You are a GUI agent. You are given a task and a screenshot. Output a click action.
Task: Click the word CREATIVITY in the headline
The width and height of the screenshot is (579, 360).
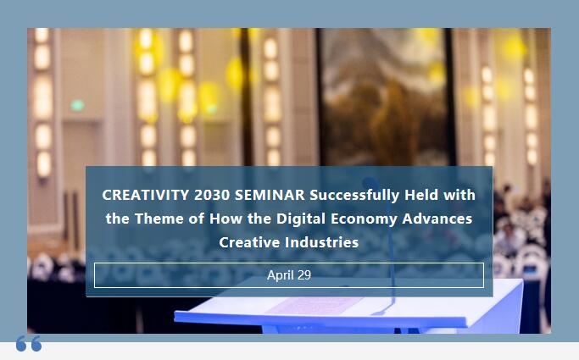click(146, 195)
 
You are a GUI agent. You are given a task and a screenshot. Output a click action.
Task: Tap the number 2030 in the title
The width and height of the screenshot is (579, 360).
click(212, 195)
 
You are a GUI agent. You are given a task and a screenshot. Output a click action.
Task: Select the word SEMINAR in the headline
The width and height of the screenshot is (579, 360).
click(270, 195)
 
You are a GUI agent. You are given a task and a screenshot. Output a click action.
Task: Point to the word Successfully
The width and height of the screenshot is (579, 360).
click(354, 196)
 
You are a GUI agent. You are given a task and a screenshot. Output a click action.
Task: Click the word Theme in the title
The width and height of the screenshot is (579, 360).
click(159, 219)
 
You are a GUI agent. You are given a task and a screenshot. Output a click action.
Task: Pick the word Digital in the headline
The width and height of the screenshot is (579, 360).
click(301, 219)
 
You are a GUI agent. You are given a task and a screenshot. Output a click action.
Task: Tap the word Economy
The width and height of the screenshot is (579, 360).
click(364, 219)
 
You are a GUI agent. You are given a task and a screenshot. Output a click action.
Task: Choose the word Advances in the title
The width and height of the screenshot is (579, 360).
click(437, 219)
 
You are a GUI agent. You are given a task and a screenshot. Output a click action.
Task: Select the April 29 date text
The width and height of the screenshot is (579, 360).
click(289, 275)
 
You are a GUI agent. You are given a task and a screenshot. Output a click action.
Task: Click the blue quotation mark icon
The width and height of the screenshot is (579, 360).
click(29, 343)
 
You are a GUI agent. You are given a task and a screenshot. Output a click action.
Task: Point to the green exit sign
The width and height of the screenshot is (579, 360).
click(77, 106)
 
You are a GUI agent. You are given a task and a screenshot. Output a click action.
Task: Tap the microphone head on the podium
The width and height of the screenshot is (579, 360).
click(370, 183)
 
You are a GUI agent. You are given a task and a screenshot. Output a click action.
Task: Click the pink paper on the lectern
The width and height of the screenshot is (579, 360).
click(314, 306)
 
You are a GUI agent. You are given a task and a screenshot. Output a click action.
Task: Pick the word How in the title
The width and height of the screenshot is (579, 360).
click(226, 219)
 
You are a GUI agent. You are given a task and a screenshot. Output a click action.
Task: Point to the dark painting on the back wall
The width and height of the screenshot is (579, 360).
click(384, 97)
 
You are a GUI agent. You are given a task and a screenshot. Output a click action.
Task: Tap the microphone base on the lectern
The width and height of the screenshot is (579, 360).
click(381, 312)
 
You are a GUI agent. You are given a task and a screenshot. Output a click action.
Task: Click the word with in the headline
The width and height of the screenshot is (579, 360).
click(459, 195)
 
